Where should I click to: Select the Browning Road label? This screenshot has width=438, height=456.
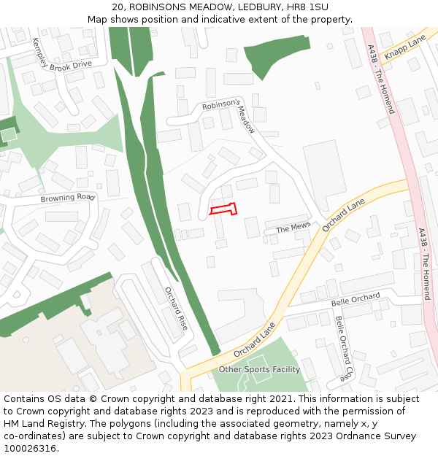pyautogui.click(x=68, y=198)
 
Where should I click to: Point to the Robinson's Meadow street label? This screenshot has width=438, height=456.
pyautogui.click(x=232, y=113)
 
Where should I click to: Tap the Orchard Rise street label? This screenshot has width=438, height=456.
pyautogui.click(x=176, y=308)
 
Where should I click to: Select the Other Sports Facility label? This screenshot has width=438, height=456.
pyautogui.click(x=259, y=369)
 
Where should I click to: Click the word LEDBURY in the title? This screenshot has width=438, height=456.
pyautogui.click(x=259, y=7)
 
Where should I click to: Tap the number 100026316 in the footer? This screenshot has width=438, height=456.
pyautogui.click(x=30, y=448)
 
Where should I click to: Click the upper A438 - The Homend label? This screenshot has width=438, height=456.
pyautogui.click(x=380, y=79)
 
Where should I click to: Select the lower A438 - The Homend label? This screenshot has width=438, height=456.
pyautogui.click(x=425, y=264)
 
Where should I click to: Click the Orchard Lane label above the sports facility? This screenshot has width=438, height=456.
pyautogui.click(x=255, y=340)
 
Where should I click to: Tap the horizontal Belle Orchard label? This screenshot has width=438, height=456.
pyautogui.click(x=356, y=299)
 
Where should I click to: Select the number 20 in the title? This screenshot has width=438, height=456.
pyautogui.click(x=118, y=7)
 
